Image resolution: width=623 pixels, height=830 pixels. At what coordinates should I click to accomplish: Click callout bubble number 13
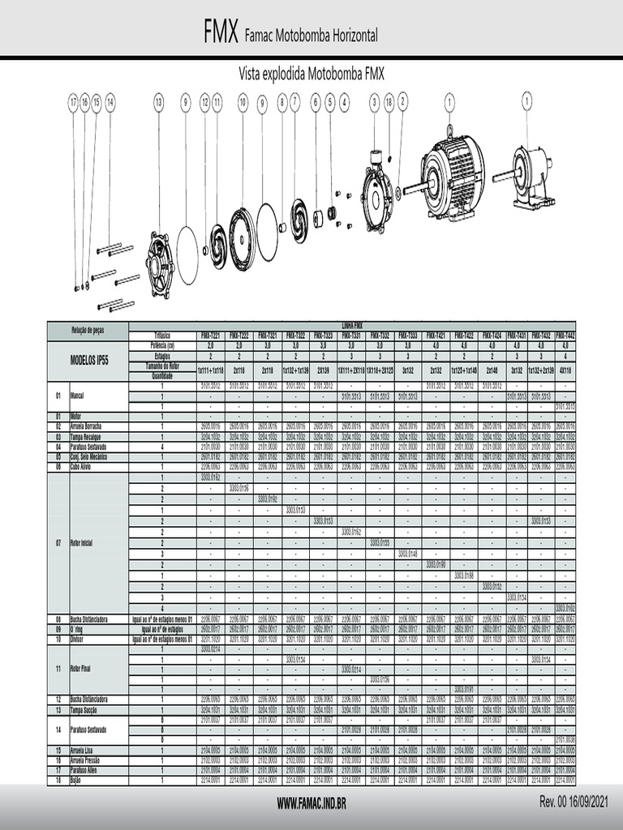pos(158,101)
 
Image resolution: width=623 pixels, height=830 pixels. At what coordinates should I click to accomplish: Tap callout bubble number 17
pos(73,101)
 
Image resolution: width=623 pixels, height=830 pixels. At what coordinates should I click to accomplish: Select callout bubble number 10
pos(243,101)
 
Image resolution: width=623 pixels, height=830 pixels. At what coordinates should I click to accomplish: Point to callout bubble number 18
pos(389,101)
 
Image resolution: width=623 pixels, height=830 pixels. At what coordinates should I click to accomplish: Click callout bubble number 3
pos(374,101)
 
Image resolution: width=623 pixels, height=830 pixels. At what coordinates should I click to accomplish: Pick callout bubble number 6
pos(316,101)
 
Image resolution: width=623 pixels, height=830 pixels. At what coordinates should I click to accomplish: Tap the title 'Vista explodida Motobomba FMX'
pos(311,74)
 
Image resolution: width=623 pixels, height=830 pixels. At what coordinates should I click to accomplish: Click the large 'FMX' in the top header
pos(221,33)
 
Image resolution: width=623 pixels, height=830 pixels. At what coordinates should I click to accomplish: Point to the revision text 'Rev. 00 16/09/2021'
pos(574,802)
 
